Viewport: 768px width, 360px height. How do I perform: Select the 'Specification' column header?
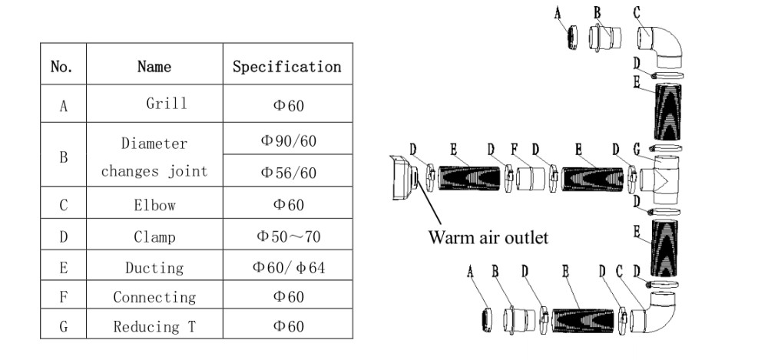pos(286,67)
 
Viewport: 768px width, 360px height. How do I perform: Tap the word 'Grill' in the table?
pos(166,104)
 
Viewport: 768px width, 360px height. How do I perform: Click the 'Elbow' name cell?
pos(154,205)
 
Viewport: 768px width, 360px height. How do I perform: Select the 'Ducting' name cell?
pos(154,268)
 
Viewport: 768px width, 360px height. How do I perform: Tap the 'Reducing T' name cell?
pos(154,326)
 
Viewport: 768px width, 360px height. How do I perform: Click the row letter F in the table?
pos(63,297)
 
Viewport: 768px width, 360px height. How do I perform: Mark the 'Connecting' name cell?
pos(154,297)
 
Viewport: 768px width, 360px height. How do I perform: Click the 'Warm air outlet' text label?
pos(488,237)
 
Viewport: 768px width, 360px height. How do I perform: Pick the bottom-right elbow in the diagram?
pos(660,315)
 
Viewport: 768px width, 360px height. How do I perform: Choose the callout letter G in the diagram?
pos(637,148)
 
